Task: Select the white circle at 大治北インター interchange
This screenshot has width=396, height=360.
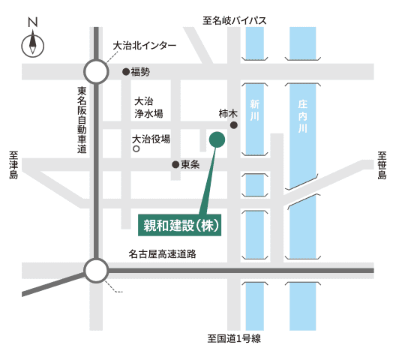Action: pyautogui.click(x=96, y=71)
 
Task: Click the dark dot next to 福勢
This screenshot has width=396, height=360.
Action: pyautogui.click(x=125, y=72)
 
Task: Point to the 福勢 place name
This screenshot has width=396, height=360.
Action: pyautogui.click(x=141, y=72)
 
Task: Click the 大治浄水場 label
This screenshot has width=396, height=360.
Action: pyautogui.click(x=148, y=107)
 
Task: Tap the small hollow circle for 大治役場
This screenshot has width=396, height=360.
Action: pyautogui.click(x=136, y=148)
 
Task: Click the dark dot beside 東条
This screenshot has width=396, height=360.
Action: pyautogui.click(x=175, y=164)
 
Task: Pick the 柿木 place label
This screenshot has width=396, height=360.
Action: pyautogui.click(x=227, y=114)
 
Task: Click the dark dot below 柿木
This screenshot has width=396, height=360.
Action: pyautogui.click(x=234, y=125)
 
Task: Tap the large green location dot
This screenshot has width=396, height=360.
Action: pyautogui.click(x=217, y=139)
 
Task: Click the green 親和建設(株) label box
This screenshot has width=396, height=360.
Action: pyautogui.click(x=181, y=224)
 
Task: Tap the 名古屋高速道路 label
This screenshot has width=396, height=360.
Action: pyautogui.click(x=162, y=254)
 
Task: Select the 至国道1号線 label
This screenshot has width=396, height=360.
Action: pyautogui.click(x=234, y=340)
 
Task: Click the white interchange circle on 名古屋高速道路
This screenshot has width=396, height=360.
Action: pyautogui.click(x=96, y=270)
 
